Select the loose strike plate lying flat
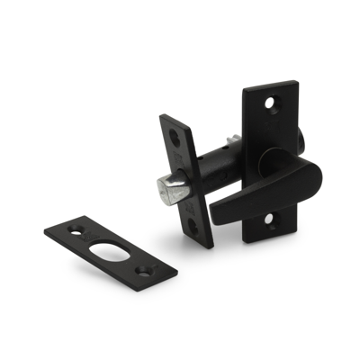click(x=109, y=250)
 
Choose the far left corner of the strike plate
click(x=45, y=232)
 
